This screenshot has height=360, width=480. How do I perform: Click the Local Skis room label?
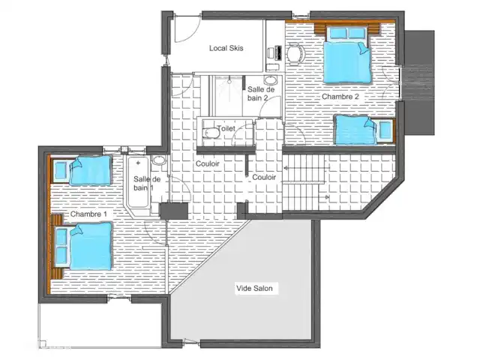226,48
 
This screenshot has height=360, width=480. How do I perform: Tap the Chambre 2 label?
340,97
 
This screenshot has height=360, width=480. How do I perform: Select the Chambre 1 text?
88,214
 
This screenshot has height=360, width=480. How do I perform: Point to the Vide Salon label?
254,288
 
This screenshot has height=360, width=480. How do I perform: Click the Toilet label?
226,128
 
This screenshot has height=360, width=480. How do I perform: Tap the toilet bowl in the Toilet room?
211,133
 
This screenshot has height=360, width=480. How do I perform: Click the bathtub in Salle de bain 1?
138,182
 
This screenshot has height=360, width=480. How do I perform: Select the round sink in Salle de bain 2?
270,80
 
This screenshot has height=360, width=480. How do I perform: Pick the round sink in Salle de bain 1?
159,160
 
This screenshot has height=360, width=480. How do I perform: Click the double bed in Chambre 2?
348,55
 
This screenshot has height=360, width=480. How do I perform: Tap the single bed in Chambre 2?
364,130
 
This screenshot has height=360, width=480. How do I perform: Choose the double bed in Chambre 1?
83,247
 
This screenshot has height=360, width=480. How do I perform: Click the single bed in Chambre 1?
82,170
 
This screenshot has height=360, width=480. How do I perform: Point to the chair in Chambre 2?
296,54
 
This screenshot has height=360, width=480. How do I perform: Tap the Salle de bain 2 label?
261,94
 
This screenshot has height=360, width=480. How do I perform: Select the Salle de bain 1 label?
147,183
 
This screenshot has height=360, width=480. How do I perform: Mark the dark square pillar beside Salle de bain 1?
173,211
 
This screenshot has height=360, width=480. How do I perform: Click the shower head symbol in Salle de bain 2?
229,82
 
